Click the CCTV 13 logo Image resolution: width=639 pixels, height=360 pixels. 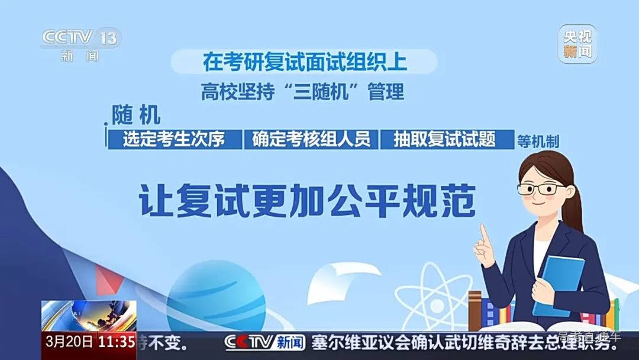[80, 38]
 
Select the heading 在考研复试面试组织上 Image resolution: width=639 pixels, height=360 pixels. [304, 62]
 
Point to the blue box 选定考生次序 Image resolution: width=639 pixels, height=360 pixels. [175, 139]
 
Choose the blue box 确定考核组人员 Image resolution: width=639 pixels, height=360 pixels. [311, 139]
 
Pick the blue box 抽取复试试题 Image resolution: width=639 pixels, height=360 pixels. [446, 139]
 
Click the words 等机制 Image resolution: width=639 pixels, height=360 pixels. [538, 141]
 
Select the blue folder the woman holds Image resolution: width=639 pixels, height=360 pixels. [559, 284]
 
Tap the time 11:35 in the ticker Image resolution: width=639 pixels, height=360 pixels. [116, 342]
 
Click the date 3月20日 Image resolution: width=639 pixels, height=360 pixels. [70, 342]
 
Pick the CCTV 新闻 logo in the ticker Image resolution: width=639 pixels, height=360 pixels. [264, 342]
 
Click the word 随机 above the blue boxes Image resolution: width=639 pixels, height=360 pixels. [135, 114]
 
